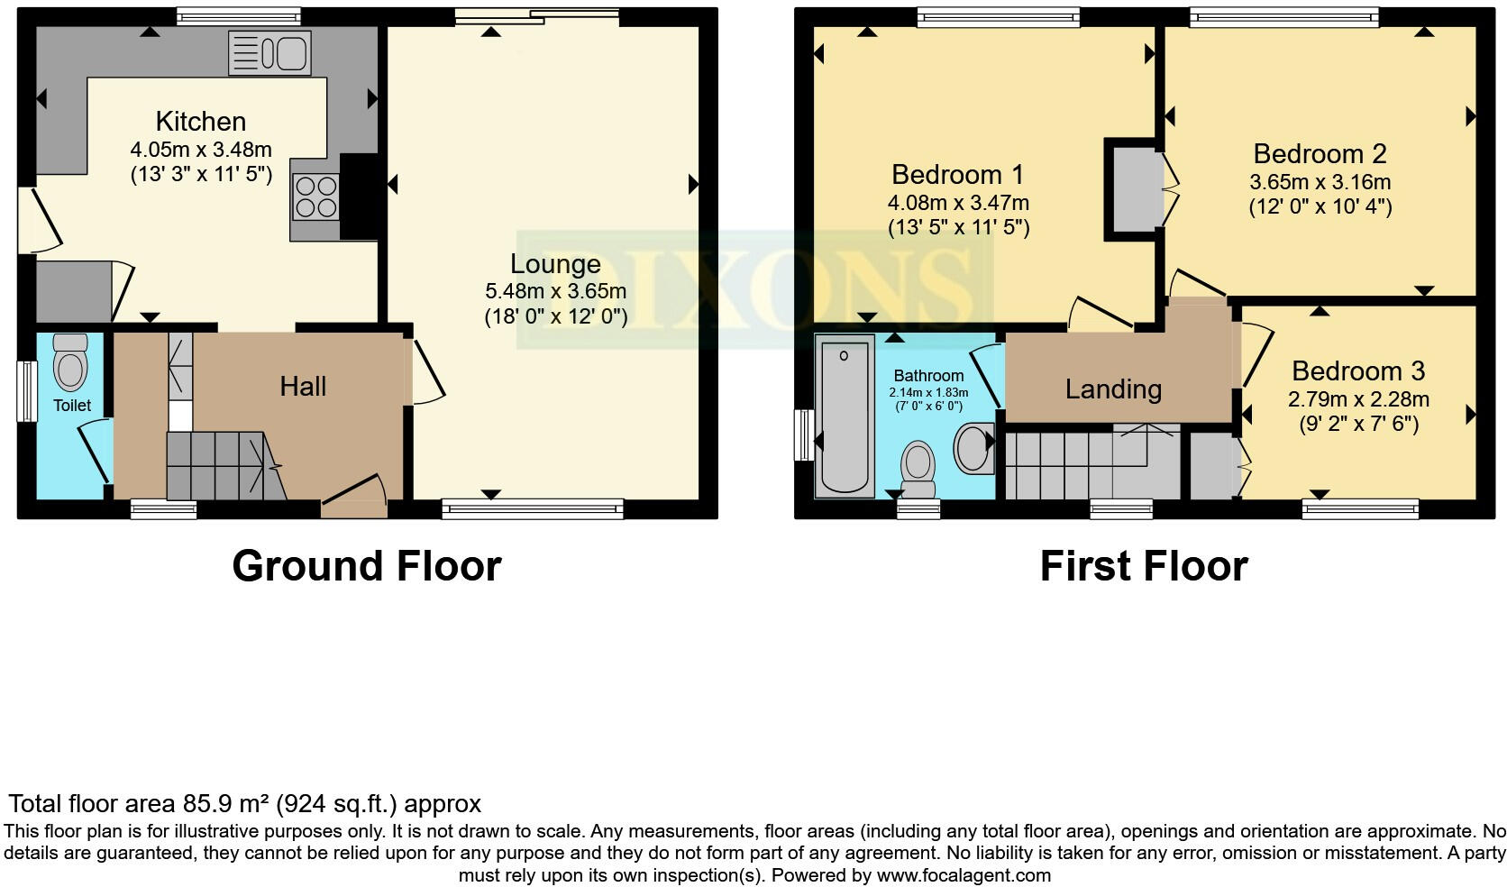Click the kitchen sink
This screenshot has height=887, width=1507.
[x=269, y=53]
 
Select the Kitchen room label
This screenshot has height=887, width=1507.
[x=200, y=122]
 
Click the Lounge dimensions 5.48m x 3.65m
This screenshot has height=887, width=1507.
[x=555, y=291]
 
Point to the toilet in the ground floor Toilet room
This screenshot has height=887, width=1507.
[x=70, y=362]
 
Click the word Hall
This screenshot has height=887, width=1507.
[x=303, y=387]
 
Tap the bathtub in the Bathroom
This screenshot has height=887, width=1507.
[x=845, y=416]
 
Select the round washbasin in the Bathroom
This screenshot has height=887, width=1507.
[x=973, y=448]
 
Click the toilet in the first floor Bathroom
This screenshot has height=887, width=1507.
[x=918, y=467]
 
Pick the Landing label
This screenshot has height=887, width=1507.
[x=1113, y=389]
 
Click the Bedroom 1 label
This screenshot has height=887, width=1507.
[x=958, y=174]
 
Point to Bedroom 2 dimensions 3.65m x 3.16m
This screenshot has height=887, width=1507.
[x=1320, y=182]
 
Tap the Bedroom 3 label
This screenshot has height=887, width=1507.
[x=1357, y=371]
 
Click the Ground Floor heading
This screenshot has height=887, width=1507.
[x=366, y=566]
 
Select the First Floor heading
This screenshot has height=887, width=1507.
[x=1143, y=566]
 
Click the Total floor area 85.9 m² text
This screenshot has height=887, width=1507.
[x=244, y=803]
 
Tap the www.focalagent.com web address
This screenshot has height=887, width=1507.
[x=963, y=874]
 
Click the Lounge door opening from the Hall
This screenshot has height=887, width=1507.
[x=427, y=371]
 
